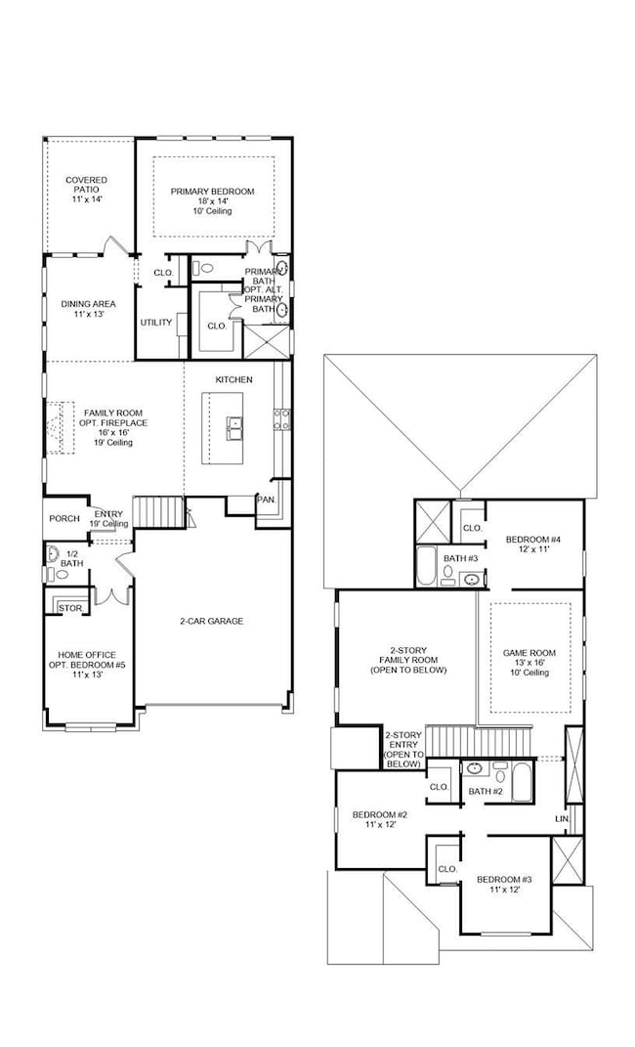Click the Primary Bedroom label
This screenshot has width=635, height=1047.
pos(212,192)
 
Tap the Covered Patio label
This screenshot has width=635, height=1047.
pos(86,181)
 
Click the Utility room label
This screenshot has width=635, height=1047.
pos(156,322)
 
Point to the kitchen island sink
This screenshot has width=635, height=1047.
pos(235,424)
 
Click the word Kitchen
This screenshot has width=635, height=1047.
pos(234,379)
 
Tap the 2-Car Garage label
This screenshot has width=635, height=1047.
pos(211,621)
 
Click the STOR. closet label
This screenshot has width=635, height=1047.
pos(69,607)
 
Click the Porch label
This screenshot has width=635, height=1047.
pos(63,518)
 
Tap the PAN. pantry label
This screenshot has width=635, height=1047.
pos(266,500)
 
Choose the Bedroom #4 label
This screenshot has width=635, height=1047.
pos(532,540)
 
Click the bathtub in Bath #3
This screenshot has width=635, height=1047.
pos(427,566)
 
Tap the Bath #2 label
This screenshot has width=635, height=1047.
pos(485,791)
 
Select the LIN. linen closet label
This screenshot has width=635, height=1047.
pos(562,817)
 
